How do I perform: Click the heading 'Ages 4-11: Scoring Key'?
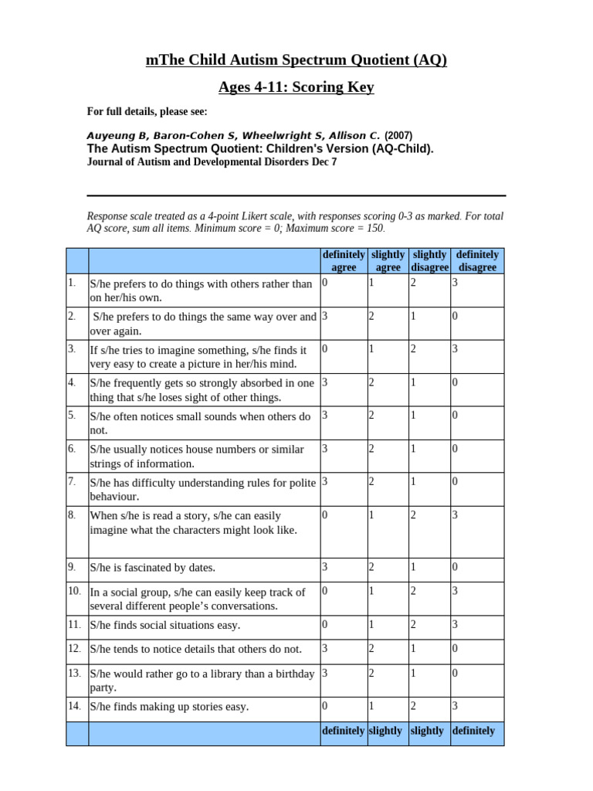pos(296,87)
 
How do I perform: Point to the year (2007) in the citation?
pos(398,135)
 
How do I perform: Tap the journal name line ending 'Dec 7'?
pos(212,162)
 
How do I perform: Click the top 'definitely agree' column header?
pos(344,261)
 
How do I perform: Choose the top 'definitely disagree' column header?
pos(477,261)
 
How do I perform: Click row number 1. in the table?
pos(72,283)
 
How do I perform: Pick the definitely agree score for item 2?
pos(325,316)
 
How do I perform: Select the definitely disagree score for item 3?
pos(456,349)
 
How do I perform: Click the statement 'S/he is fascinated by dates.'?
pos(152,568)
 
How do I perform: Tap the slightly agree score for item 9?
pos(371,567)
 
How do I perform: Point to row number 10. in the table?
pos(74,591)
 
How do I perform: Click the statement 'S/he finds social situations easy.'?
pos(164,625)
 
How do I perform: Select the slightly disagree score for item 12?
pos(413,649)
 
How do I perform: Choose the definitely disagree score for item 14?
pos(456,706)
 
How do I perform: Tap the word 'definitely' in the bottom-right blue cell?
pos(473,731)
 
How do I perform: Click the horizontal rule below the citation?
pos(296,195)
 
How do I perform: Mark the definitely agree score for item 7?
pos(325,482)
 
